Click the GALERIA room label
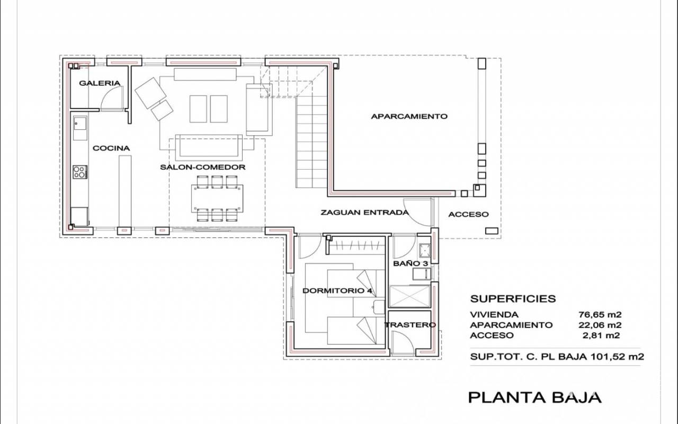click(100, 83)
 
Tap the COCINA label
click(111, 148)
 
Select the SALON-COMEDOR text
click(203, 167)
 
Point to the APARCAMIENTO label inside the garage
click(409, 117)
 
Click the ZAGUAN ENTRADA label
click(364, 213)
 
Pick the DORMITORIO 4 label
click(337, 291)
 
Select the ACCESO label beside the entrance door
click(468, 215)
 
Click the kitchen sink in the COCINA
click(81, 125)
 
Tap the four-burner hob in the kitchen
click(80, 172)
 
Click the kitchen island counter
click(125, 190)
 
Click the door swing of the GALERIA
click(112, 99)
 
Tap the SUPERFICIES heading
click(513, 299)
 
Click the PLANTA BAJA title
click(534, 397)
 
